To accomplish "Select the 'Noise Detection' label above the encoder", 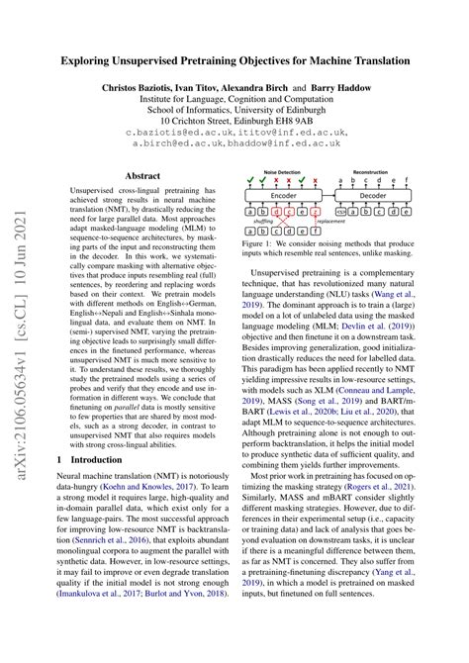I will (x=284, y=173).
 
